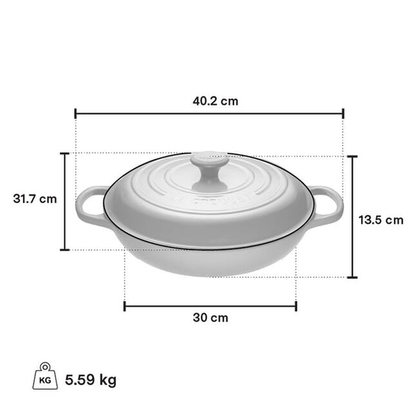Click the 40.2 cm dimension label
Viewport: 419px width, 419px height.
(x=215, y=101)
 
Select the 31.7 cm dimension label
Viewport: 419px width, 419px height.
(x=34, y=198)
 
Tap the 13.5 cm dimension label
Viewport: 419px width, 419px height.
(x=381, y=220)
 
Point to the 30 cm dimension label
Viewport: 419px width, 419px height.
(x=210, y=318)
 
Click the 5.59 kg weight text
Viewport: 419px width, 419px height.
(x=90, y=381)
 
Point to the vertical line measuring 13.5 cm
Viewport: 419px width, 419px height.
(x=353, y=216)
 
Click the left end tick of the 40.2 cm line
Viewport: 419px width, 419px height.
(x=75, y=113)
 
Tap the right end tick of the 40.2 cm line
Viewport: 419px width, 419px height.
(x=344, y=113)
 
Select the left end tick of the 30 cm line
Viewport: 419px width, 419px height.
(x=124, y=305)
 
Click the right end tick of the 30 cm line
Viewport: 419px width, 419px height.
(x=296, y=305)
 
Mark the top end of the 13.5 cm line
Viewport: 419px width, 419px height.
(x=353, y=156)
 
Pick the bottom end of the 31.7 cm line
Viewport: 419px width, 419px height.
(x=65, y=249)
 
